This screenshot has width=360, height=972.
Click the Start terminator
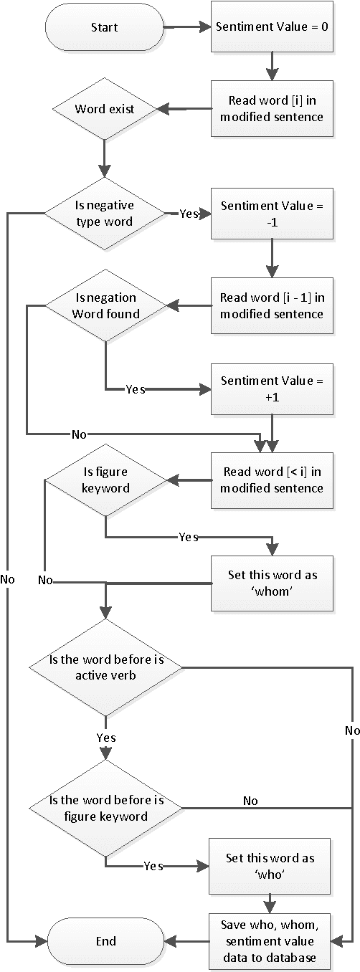click(105, 28)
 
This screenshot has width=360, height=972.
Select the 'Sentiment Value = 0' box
click(272, 28)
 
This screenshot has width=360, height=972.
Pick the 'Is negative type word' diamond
click(105, 214)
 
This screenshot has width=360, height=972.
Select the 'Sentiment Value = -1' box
click(272, 214)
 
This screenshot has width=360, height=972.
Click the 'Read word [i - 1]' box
click(272, 306)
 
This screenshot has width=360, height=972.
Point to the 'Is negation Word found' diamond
click(105, 306)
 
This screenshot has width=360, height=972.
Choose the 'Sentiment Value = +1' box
click(272, 389)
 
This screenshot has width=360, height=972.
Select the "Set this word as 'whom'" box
click(272, 583)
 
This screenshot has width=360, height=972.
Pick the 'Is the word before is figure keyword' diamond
click(105, 808)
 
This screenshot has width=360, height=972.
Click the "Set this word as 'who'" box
click(272, 866)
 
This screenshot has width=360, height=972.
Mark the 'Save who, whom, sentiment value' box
click(272, 941)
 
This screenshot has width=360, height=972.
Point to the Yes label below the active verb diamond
click(105, 738)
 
